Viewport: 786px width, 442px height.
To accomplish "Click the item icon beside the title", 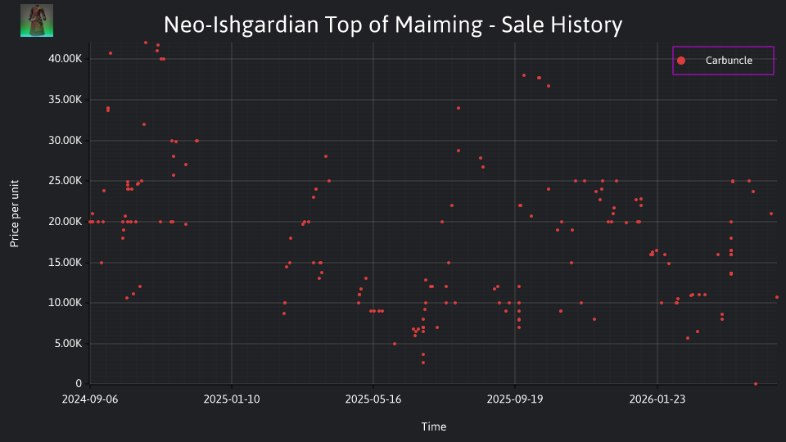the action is pyautogui.click(x=37, y=20).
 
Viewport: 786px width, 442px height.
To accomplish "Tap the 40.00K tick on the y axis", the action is pyautogui.click(x=65, y=59).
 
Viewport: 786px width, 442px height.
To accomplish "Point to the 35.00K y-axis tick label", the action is pyautogui.click(x=65, y=100).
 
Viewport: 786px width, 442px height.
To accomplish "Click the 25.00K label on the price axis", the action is pyautogui.click(x=65, y=181).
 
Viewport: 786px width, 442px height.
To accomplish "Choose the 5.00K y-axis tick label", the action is pyautogui.click(x=67, y=344).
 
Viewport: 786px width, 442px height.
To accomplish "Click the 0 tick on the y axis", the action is pyautogui.click(x=79, y=384).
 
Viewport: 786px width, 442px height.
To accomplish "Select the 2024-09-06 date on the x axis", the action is pyautogui.click(x=90, y=399).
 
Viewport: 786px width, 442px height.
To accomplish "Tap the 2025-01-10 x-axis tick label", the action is pyautogui.click(x=232, y=399).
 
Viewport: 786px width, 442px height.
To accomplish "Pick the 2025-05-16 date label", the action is pyautogui.click(x=373, y=399).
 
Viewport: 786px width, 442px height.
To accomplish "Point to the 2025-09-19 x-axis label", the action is pyautogui.click(x=515, y=399).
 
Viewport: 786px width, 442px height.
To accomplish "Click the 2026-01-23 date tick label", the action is pyautogui.click(x=657, y=399).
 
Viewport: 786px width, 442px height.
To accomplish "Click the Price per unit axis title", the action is pyautogui.click(x=15, y=214).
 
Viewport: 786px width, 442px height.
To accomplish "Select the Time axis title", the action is pyautogui.click(x=434, y=427).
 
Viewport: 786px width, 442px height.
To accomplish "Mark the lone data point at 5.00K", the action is pyautogui.click(x=395, y=344).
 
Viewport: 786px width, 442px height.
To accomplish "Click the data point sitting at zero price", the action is pyautogui.click(x=756, y=384).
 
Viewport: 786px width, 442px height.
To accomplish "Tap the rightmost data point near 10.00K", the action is pyautogui.click(x=777, y=297).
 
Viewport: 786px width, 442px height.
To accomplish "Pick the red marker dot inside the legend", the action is pyautogui.click(x=680, y=61).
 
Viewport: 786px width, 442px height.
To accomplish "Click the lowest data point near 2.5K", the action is pyautogui.click(x=423, y=363).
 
